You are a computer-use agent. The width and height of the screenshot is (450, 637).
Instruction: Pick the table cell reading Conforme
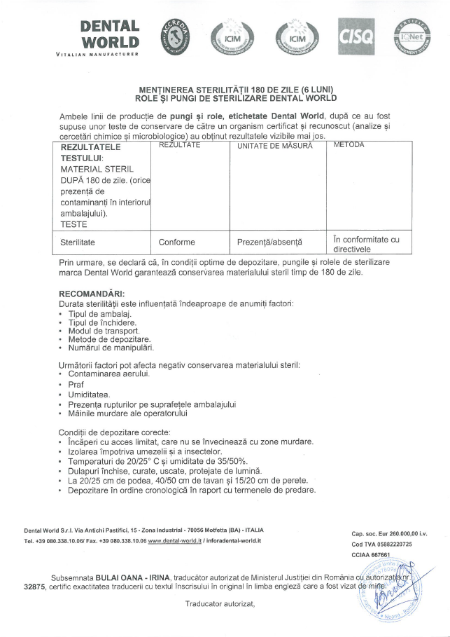pyautogui.click(x=176, y=242)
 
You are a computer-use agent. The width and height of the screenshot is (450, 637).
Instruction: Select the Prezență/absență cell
pyautogui.click(x=269, y=242)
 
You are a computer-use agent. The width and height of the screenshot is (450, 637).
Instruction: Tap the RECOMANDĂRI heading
pyautogui.click(x=91, y=294)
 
